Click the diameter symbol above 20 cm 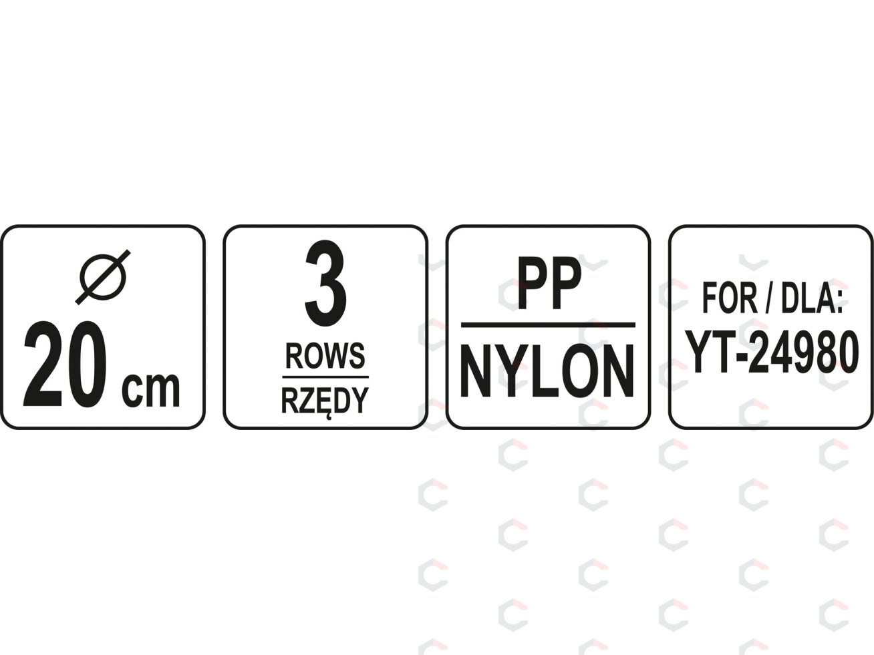[103, 277]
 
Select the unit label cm [150, 389]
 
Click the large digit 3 [325, 284]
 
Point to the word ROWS [325, 356]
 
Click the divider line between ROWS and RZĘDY [325, 376]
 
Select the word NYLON [548, 371]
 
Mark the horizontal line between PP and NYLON [548, 325]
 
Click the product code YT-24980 [771, 352]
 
